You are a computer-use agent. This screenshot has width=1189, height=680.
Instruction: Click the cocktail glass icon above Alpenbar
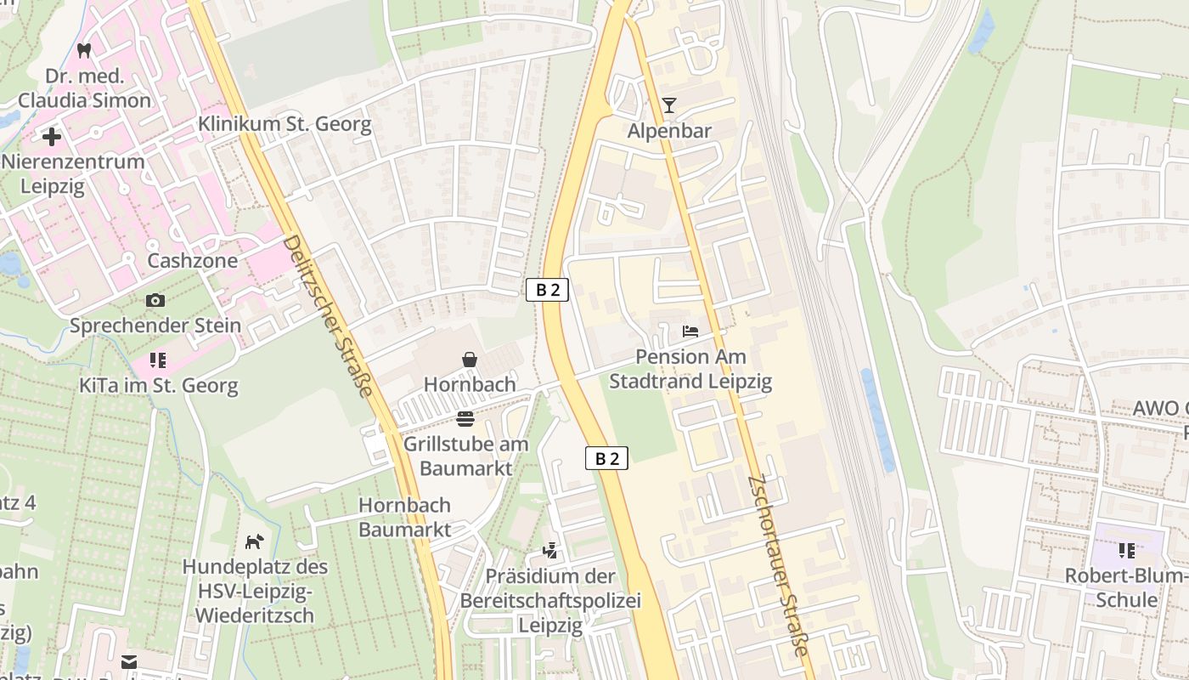669,105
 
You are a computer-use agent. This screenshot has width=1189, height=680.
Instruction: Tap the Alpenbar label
669,131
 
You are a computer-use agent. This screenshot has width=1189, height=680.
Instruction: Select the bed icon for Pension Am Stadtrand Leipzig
690,331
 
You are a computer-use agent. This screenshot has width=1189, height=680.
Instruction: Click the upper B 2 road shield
547,290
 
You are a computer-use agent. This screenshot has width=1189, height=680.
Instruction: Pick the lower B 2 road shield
606,458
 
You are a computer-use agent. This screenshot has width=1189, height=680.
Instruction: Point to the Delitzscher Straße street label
328,316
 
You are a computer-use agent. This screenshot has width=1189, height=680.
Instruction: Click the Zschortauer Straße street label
777,565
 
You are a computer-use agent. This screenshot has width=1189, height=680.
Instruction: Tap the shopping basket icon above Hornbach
470,360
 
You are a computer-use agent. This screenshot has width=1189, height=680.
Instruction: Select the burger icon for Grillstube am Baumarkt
465,418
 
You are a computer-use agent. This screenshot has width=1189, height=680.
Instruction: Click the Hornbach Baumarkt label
404,517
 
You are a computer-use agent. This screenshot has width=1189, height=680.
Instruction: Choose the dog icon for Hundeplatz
254,541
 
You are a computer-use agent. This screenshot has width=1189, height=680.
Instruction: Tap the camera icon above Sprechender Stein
155,300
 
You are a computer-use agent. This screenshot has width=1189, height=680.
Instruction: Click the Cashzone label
193,260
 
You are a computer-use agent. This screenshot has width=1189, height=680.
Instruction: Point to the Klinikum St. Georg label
285,124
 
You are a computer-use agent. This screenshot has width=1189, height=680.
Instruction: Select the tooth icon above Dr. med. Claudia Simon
83,50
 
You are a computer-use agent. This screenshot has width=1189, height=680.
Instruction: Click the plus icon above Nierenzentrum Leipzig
52,136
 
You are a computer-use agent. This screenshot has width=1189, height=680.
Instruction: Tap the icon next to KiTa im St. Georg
157,360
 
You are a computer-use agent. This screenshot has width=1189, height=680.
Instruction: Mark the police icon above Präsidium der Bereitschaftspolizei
550,550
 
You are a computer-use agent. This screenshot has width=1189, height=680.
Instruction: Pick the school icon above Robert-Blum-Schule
1127,551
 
